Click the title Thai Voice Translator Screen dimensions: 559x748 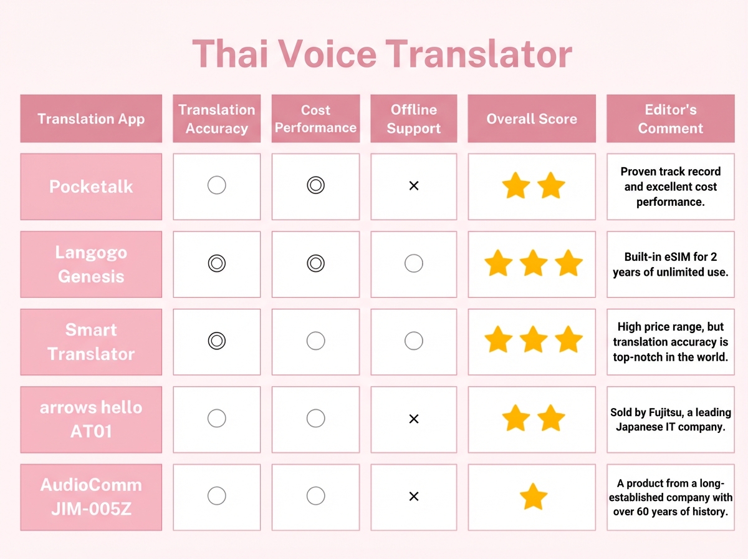(x=381, y=54)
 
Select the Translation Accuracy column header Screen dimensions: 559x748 (x=216, y=119)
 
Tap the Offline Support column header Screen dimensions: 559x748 (x=413, y=119)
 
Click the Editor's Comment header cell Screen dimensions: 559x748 (x=670, y=119)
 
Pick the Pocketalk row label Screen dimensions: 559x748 (x=91, y=187)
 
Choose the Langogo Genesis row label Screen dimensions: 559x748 (x=91, y=264)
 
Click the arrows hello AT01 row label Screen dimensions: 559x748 (x=91, y=419)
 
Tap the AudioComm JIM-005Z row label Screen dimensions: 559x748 (x=91, y=497)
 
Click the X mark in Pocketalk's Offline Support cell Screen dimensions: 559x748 (x=413, y=186)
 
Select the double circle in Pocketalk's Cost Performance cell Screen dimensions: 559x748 (x=315, y=185)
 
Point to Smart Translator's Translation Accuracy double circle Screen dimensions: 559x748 (x=216, y=341)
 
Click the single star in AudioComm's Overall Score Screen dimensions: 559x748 (x=533, y=497)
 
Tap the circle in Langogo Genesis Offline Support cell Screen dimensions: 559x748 (x=413, y=263)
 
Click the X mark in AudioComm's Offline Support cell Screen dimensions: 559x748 (x=413, y=497)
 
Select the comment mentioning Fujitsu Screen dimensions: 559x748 (x=670, y=419)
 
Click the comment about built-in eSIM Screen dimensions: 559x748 (x=670, y=265)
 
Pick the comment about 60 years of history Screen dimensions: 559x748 (x=670, y=497)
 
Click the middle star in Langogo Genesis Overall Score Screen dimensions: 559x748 (x=533, y=264)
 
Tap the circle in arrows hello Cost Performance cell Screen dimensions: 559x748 (x=315, y=418)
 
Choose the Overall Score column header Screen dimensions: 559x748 (x=532, y=119)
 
